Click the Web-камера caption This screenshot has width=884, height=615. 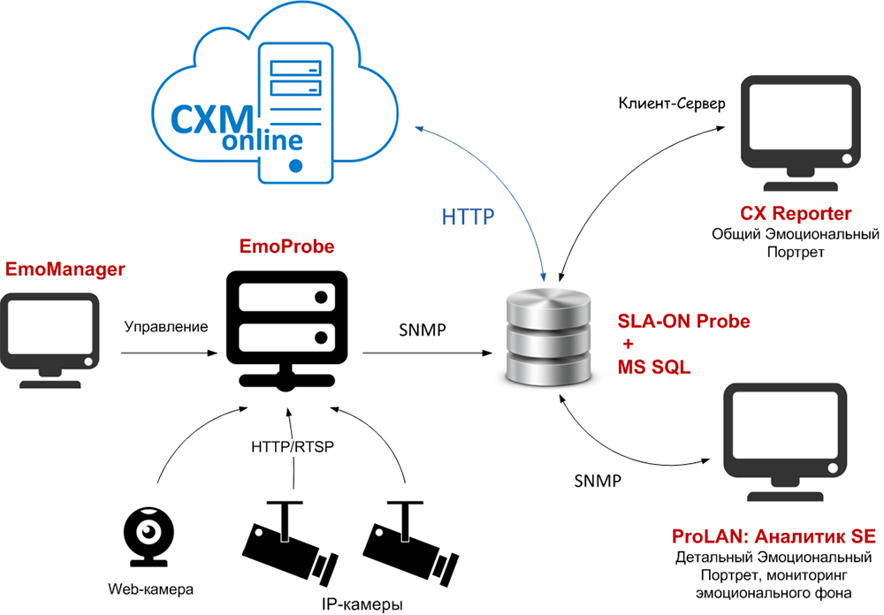149,588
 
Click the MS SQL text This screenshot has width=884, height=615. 652,366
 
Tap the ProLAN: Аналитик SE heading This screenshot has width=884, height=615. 773,537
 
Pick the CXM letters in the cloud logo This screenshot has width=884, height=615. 203,118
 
